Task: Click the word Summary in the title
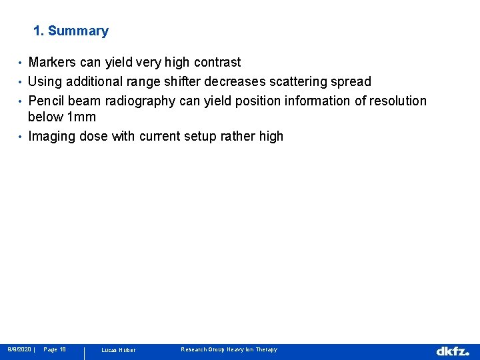click(78, 31)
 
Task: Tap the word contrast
click(217, 63)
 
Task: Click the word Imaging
click(51, 137)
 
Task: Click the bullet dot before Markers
click(21, 63)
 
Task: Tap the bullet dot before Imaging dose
click(21, 137)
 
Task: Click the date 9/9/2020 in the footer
click(19, 349)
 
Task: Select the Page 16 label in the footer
click(55, 349)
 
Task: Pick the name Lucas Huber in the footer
click(118, 350)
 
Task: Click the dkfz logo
click(453, 351)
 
